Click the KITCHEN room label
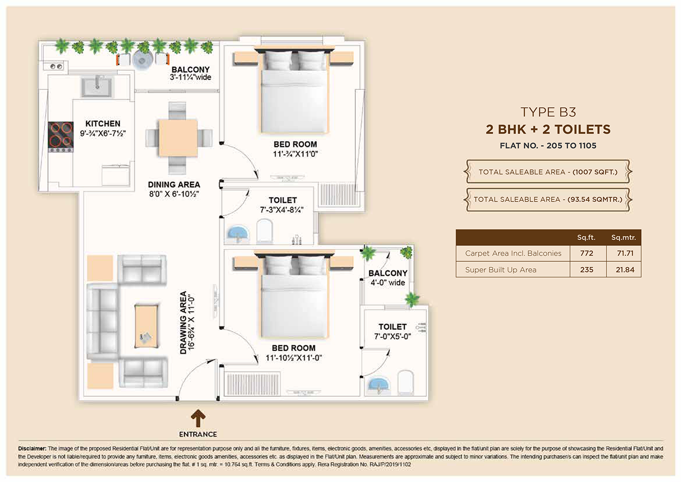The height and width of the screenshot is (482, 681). pyautogui.click(x=103, y=124)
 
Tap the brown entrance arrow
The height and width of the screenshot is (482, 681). pyautogui.click(x=198, y=418)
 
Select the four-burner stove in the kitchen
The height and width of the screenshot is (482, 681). pyautogui.click(x=61, y=137)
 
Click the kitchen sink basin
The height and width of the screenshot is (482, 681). pyautogui.click(x=97, y=87)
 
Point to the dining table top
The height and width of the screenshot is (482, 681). pyautogui.click(x=178, y=138)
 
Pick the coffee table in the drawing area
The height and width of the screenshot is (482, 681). pyautogui.click(x=146, y=326)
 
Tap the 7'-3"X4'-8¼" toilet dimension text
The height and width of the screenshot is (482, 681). pyautogui.click(x=282, y=210)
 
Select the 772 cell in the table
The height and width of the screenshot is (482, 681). pyautogui.click(x=587, y=253)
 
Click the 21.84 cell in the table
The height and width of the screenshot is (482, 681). pyautogui.click(x=625, y=270)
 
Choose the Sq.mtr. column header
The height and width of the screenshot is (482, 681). pyautogui.click(x=624, y=238)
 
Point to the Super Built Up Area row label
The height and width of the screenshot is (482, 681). pyautogui.click(x=501, y=270)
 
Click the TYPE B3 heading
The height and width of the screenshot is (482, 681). pyautogui.click(x=548, y=112)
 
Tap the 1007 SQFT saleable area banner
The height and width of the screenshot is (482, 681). pyautogui.click(x=548, y=171)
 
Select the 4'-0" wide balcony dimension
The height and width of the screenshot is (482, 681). pyautogui.click(x=388, y=283)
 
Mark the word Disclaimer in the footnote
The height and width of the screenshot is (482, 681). pyautogui.click(x=32, y=448)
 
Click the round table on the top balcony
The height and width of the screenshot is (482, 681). pyautogui.click(x=143, y=60)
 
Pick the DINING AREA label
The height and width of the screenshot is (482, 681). pyautogui.click(x=174, y=185)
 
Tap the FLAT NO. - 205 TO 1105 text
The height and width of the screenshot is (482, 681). pyautogui.click(x=548, y=146)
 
